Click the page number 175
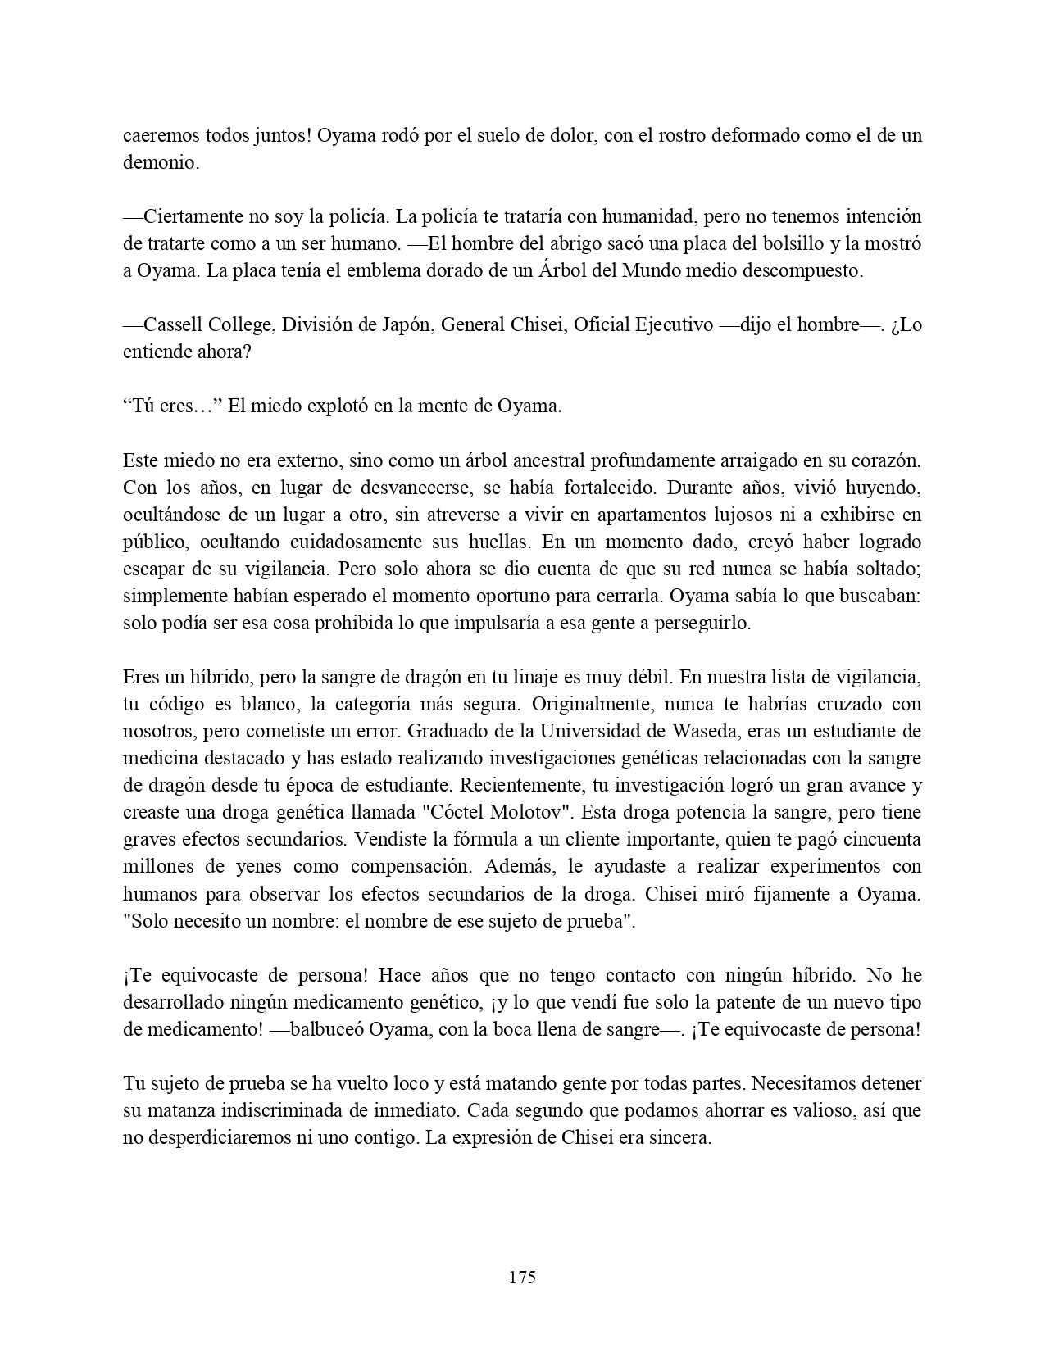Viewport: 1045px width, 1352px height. pyautogui.click(x=522, y=1277)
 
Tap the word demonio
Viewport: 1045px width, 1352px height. pyautogui.click(x=160, y=162)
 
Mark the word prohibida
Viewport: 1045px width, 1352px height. pyautogui.click(x=337, y=623)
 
